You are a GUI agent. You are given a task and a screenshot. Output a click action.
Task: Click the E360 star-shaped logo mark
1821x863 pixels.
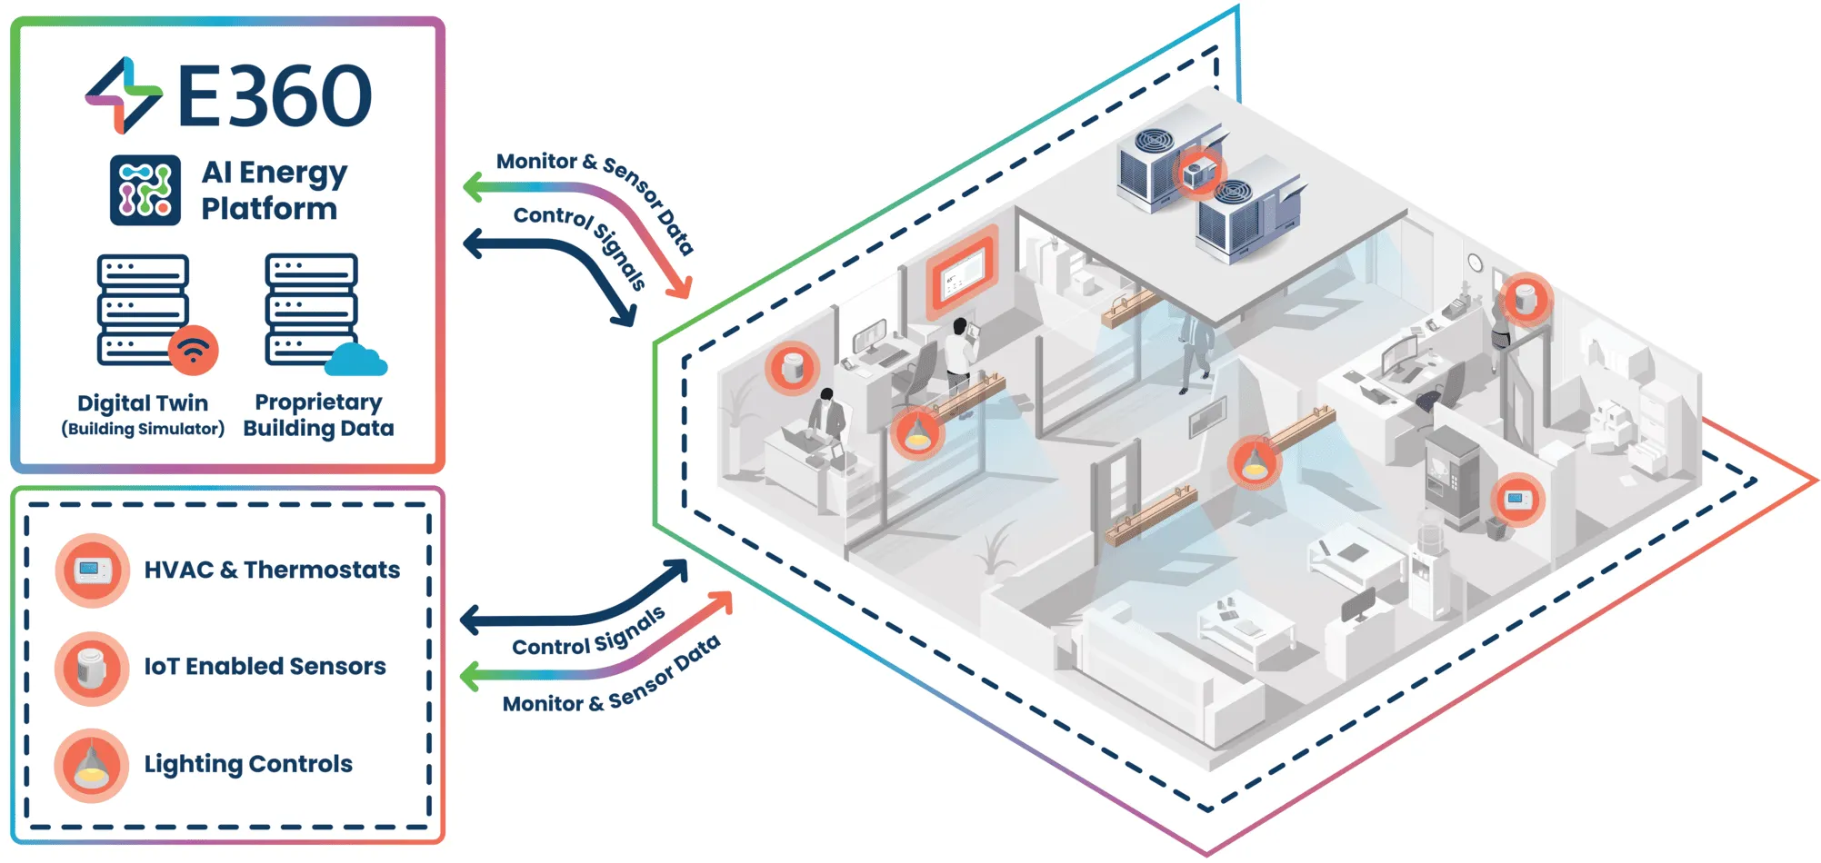[x=125, y=94]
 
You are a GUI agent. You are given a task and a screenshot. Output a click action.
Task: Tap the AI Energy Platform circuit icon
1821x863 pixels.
[x=145, y=190]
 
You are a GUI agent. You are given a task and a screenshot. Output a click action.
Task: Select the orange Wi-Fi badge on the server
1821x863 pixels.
[x=193, y=350]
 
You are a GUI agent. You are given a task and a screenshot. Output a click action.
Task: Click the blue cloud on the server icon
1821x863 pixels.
[x=355, y=360]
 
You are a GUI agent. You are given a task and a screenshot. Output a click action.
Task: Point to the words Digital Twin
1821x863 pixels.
[x=143, y=402]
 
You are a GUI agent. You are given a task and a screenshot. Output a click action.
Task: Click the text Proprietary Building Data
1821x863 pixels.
[x=318, y=415]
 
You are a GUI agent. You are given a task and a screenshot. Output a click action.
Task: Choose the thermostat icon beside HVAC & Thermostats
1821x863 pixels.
[x=92, y=570]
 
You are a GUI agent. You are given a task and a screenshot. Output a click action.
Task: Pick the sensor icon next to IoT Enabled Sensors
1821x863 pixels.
[x=92, y=668]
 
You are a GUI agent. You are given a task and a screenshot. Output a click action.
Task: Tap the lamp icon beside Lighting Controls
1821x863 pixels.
[x=92, y=765]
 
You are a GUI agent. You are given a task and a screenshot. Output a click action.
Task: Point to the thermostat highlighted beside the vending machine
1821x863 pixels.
[x=1516, y=499]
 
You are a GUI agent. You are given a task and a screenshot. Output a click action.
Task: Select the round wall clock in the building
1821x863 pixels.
[x=1475, y=263]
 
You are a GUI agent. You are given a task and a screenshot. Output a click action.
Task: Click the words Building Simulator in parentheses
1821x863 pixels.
[x=143, y=429]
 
